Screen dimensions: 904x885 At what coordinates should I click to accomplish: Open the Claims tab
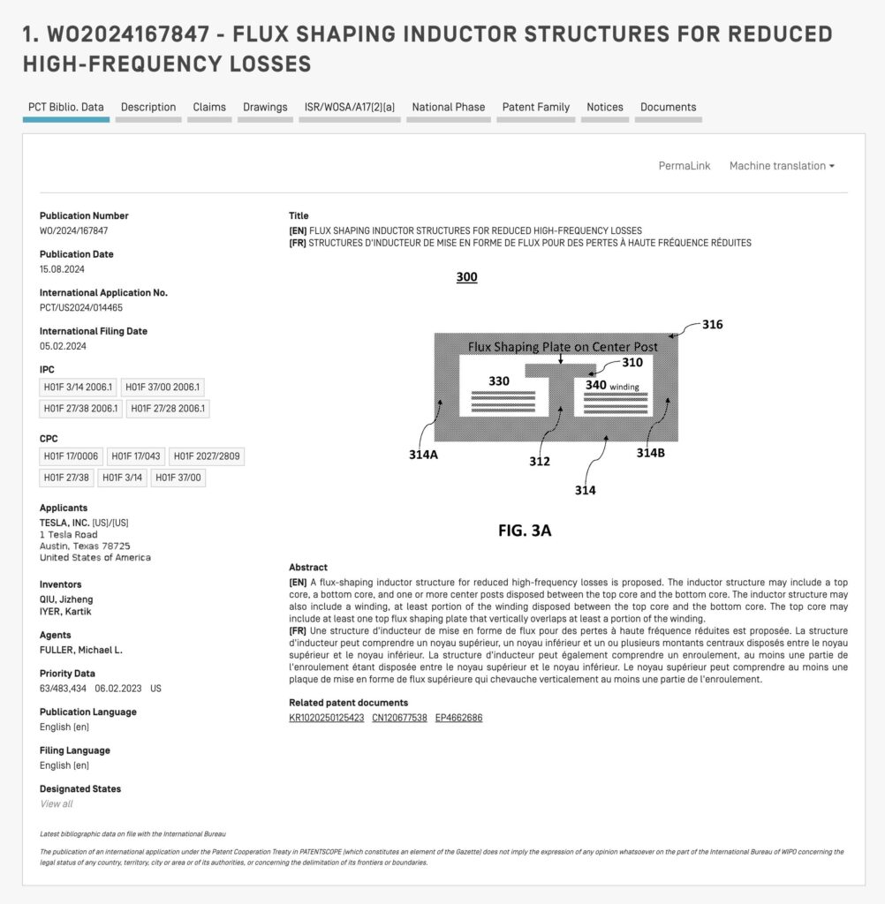coord(209,108)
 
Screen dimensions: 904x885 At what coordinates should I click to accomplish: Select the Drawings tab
coord(265,108)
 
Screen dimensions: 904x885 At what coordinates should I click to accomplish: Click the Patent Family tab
coord(535,108)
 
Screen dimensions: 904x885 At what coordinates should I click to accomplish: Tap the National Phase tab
coord(448,108)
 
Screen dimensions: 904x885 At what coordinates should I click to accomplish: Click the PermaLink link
coord(684,166)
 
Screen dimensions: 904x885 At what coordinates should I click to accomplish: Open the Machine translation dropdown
coord(781,166)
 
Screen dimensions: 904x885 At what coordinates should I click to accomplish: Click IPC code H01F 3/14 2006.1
coord(79,387)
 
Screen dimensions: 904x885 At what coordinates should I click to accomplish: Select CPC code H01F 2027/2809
coord(208,456)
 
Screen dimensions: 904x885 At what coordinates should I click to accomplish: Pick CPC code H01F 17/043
coord(135,456)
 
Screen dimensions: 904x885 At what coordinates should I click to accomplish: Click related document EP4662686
coord(458,718)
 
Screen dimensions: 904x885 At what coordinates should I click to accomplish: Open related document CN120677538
coord(399,718)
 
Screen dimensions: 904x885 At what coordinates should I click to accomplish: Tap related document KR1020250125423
coord(326,718)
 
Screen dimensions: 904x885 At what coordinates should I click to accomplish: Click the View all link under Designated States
coord(57,804)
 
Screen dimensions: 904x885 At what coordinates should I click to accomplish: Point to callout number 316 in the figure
coord(712,325)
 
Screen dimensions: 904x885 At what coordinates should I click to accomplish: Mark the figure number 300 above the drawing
coord(466,277)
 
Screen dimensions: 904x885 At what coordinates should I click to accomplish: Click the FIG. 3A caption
coord(525,531)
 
